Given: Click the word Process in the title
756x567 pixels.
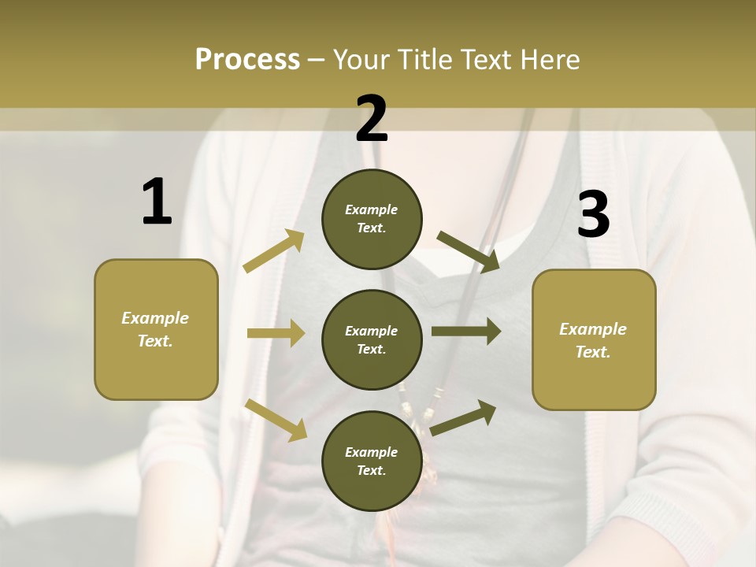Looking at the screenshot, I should [x=247, y=59].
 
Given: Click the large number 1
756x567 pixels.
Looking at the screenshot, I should [x=157, y=202].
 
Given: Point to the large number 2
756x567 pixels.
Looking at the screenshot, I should [x=372, y=119].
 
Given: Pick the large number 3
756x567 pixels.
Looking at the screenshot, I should [x=593, y=214].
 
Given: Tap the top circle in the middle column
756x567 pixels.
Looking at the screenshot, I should [x=372, y=218].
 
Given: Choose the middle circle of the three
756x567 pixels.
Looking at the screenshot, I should [x=372, y=339].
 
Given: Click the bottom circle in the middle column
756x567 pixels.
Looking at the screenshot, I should [x=372, y=461].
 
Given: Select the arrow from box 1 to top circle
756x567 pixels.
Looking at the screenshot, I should [x=274, y=251].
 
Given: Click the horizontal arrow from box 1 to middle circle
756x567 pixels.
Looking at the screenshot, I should [x=276, y=333].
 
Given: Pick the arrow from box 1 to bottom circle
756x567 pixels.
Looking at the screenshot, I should [x=276, y=420].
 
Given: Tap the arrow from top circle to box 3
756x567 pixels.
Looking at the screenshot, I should [x=469, y=251].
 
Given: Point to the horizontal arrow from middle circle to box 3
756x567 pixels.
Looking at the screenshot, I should [x=466, y=332].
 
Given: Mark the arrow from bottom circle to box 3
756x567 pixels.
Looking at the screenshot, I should [x=463, y=417].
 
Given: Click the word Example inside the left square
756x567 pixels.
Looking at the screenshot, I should [x=155, y=318].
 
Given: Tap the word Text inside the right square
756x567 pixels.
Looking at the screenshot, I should [x=592, y=352].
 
